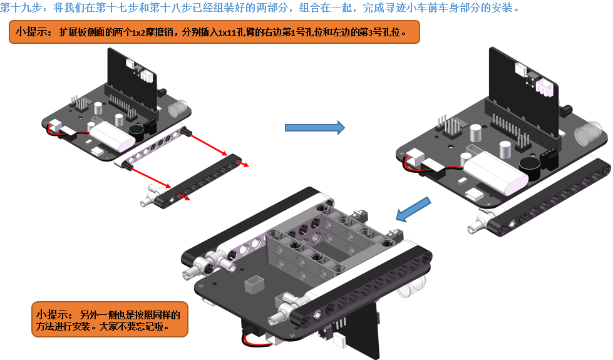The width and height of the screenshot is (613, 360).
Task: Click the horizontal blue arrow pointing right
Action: point(315,128)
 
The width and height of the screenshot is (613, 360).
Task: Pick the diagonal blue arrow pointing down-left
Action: point(413,209)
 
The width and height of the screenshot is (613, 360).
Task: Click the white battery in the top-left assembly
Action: point(113,136)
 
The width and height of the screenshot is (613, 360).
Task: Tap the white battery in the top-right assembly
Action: point(495,173)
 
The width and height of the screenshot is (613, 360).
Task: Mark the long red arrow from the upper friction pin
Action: point(208,144)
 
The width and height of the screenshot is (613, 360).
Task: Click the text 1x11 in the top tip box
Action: point(227,32)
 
